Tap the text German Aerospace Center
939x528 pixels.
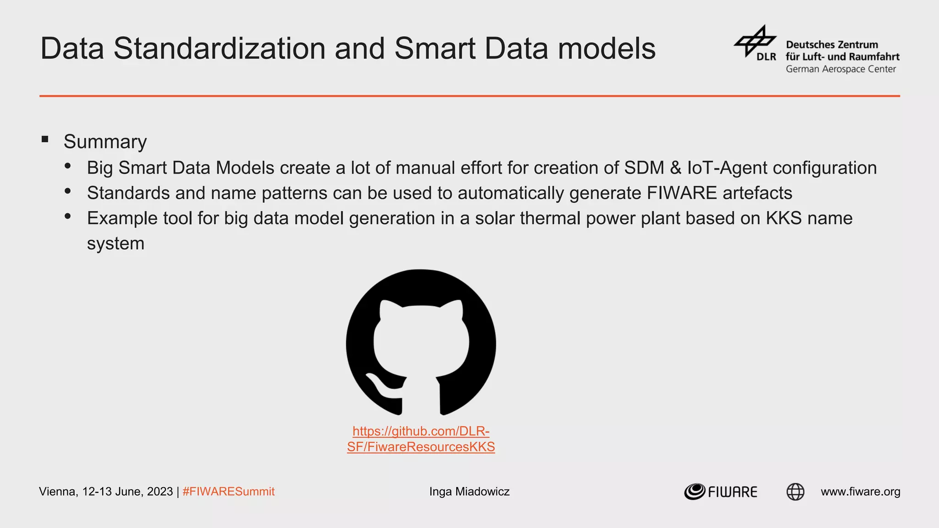pyautogui.click(x=840, y=69)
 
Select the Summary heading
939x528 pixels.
pyautogui.click(x=105, y=142)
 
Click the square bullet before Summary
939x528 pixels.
pyautogui.click(x=45, y=139)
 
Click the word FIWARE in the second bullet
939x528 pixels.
pyautogui.click(x=681, y=193)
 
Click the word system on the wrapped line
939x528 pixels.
pyautogui.click(x=116, y=243)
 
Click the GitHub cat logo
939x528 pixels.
pyautogui.click(x=421, y=342)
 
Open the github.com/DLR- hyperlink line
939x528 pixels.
pyautogui.click(x=421, y=431)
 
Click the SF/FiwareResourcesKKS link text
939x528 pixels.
pyautogui.click(x=421, y=447)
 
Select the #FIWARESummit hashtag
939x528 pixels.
pyautogui.click(x=228, y=492)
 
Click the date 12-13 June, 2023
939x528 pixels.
pyautogui.click(x=127, y=492)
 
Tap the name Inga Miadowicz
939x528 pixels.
pyautogui.click(x=469, y=492)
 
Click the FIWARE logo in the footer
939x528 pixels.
pyautogui.click(x=720, y=492)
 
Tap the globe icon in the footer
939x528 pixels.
pyautogui.click(x=795, y=492)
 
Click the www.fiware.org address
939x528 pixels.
pyautogui.click(x=860, y=492)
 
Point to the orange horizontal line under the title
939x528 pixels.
pyautogui.click(x=469, y=96)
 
